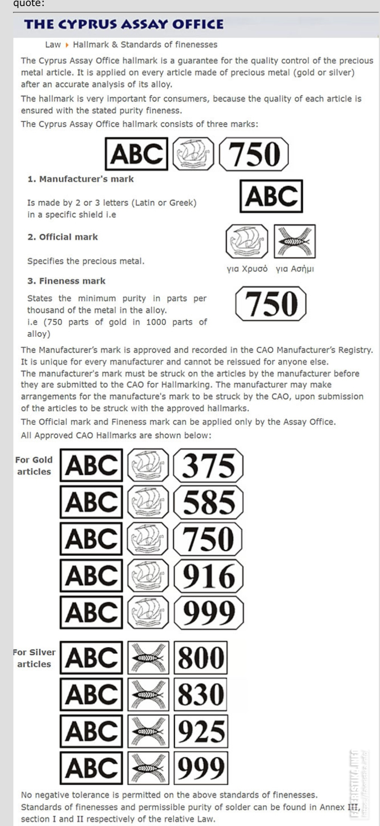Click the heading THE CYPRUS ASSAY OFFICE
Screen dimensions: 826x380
(x=124, y=25)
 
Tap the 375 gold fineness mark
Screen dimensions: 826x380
(x=208, y=465)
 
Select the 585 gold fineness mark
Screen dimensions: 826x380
(x=208, y=502)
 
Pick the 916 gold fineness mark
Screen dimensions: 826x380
(x=208, y=576)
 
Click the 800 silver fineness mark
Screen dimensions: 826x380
(x=201, y=658)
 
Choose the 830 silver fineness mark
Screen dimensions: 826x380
(x=201, y=694)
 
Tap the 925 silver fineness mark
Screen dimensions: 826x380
(x=201, y=731)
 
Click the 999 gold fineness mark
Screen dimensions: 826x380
(x=209, y=613)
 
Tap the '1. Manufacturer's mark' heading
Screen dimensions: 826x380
(x=80, y=179)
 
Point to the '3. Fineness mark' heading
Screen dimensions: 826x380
(x=66, y=281)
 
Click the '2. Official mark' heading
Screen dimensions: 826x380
(x=63, y=237)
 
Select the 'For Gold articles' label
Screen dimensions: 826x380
(x=34, y=466)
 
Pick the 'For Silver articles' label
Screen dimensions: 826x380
(x=34, y=658)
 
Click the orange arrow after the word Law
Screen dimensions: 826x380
(x=67, y=45)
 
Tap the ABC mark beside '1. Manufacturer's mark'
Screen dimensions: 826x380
(x=271, y=196)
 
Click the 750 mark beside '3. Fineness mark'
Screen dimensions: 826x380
(x=271, y=304)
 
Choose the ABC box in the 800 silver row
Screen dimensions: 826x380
(x=91, y=658)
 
